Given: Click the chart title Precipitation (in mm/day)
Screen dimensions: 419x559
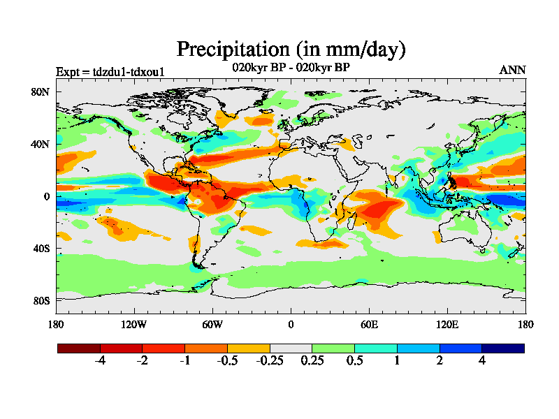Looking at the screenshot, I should [x=291, y=50].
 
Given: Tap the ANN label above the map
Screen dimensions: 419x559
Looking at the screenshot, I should [x=512, y=70].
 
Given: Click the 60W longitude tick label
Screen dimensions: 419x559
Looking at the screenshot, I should [x=212, y=324].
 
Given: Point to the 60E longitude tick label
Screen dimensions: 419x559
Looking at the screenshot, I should [x=369, y=324].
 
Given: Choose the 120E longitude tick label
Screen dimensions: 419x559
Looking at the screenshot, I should [x=447, y=324].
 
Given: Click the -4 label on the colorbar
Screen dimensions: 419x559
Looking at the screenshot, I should [x=100, y=361].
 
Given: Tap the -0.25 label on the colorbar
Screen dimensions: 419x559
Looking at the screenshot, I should [x=269, y=361].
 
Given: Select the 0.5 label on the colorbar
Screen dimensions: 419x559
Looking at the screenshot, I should [x=354, y=361].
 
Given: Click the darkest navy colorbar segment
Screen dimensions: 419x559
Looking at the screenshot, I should [x=502, y=348].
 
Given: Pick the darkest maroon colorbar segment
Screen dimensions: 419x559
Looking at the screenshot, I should [x=79, y=348].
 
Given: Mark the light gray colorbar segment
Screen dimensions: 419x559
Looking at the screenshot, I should [x=291, y=348].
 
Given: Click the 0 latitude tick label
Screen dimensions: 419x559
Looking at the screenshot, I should [x=46, y=196].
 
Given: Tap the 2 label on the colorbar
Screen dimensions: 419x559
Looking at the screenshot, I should [x=440, y=361].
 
